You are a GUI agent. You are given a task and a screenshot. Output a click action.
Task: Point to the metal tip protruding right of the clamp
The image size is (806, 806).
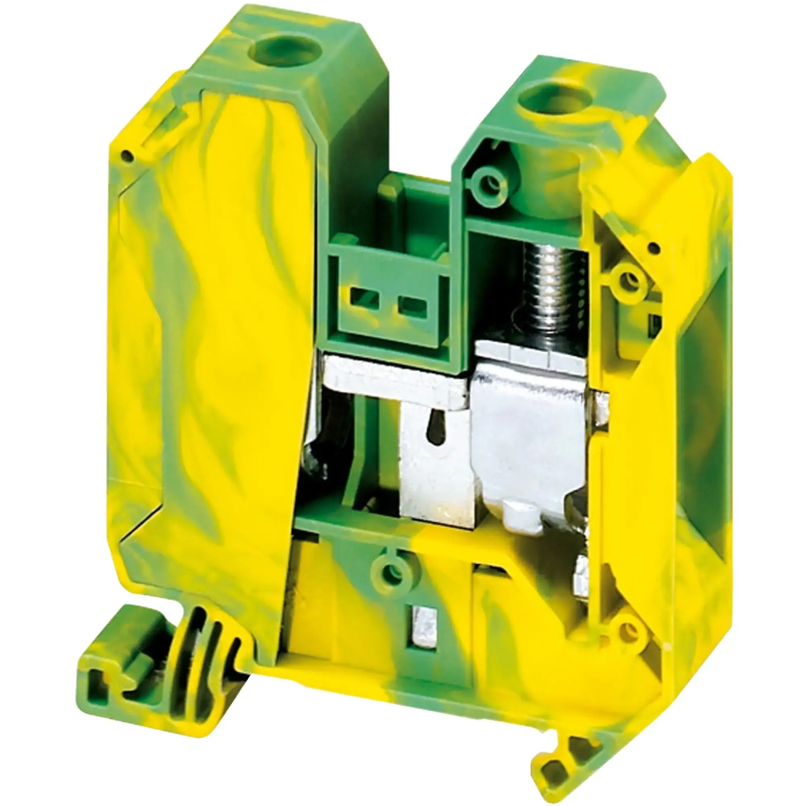pyautogui.click(x=600, y=407)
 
